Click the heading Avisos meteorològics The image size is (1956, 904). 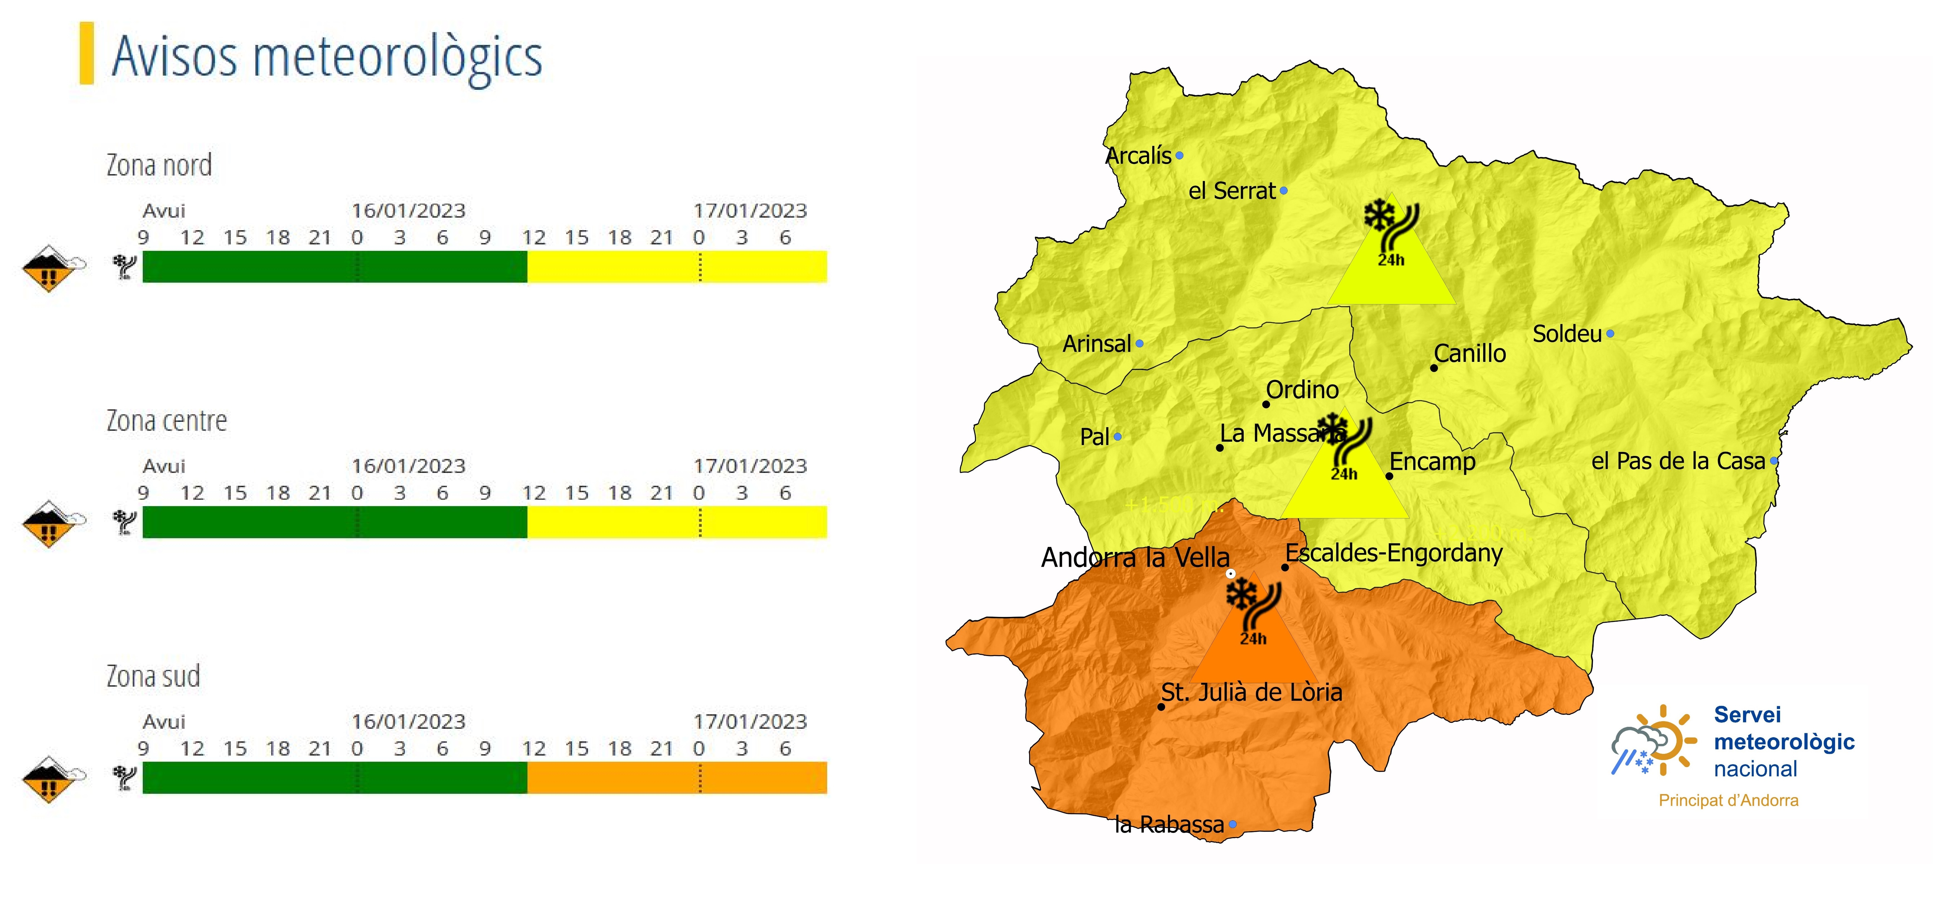click(x=326, y=57)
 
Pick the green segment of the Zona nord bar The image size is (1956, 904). click(x=334, y=267)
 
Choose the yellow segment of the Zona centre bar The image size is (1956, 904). click(x=676, y=522)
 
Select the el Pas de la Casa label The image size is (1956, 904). click(x=1678, y=461)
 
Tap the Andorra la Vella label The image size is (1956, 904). click(x=1135, y=557)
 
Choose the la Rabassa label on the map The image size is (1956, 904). click(x=1169, y=824)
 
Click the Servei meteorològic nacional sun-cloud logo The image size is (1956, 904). click(x=1653, y=741)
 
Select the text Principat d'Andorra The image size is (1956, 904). click(x=1728, y=800)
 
